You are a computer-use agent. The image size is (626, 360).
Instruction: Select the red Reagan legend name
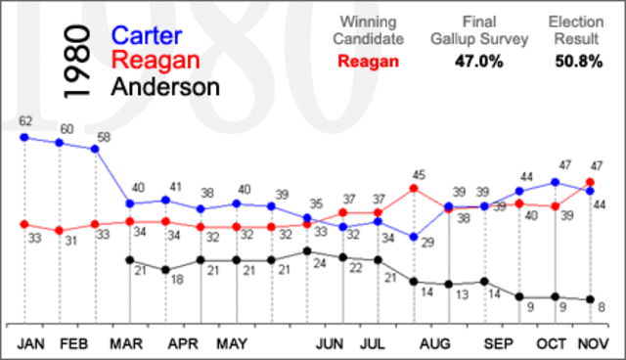(x=157, y=61)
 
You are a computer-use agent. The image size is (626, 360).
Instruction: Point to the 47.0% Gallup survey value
(x=480, y=61)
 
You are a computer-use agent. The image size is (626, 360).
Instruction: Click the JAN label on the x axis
(x=32, y=344)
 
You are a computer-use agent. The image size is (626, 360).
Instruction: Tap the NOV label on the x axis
(x=591, y=344)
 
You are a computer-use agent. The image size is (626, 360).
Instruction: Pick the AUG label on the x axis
(x=433, y=344)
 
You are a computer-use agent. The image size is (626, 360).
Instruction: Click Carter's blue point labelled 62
(x=24, y=137)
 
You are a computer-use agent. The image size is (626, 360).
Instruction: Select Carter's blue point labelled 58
(x=95, y=149)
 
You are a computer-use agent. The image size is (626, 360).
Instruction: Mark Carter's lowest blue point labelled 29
(x=415, y=237)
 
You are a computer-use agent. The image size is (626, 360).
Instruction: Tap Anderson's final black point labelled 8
(x=590, y=299)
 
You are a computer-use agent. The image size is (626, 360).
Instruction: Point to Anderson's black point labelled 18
(x=165, y=269)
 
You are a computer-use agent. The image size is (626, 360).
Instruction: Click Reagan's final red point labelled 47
(x=590, y=182)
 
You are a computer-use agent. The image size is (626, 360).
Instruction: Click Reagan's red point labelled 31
(x=60, y=231)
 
